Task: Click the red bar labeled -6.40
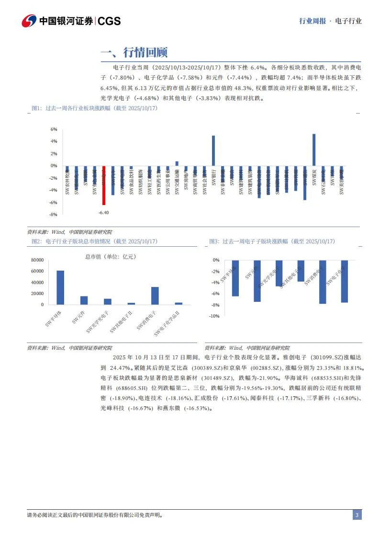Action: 103,185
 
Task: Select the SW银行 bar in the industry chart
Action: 213,150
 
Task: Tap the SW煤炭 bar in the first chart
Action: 314,149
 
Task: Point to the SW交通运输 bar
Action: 177,163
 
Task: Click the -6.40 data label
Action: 103,212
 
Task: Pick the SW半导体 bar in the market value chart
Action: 60,287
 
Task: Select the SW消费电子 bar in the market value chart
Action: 155,296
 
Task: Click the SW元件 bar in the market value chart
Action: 84,300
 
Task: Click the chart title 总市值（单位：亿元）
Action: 111,257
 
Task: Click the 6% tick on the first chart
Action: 54,129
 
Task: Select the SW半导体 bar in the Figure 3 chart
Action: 235,278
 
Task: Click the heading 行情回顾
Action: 145,52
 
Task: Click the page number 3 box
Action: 357,515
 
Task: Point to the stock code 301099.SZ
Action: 324,357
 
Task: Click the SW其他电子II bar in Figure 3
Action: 301,271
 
